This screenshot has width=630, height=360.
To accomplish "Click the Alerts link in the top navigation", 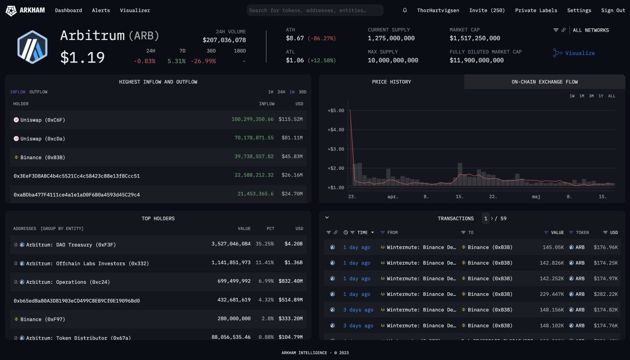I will [x=101, y=10].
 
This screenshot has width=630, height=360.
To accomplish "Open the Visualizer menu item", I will [x=135, y=10].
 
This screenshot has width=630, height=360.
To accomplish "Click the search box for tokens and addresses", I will [x=315, y=10].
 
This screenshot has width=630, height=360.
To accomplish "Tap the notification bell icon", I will [x=405, y=10].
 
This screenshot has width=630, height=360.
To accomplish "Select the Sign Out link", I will [x=613, y=10].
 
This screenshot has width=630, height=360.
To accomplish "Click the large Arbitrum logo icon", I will [x=33, y=47].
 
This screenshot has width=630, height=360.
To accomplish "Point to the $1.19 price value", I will [x=82, y=57].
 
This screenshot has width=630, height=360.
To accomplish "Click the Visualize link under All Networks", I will [x=580, y=53].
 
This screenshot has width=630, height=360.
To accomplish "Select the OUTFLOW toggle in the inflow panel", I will [x=38, y=92].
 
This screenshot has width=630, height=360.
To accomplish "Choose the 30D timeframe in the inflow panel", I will [x=302, y=92].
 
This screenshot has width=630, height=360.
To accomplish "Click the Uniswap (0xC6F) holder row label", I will [x=43, y=120].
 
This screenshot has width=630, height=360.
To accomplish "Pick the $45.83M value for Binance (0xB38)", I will [x=291, y=157].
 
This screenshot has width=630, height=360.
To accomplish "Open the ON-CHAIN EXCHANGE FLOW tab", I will [x=544, y=82].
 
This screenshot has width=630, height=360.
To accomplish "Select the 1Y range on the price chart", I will [x=601, y=96].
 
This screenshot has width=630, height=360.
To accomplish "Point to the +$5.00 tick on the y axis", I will [x=335, y=111].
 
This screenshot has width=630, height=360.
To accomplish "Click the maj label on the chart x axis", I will [x=536, y=197].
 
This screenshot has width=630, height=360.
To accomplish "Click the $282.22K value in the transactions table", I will [x=606, y=294].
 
